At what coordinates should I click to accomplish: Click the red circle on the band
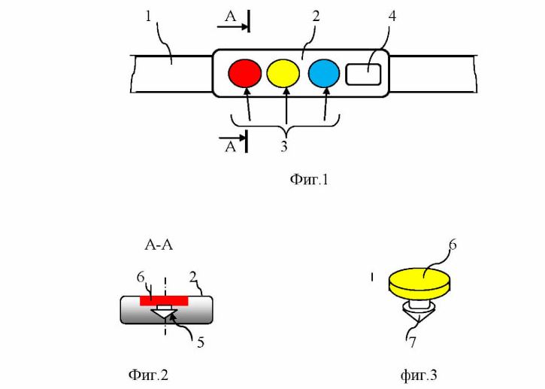point(245,73)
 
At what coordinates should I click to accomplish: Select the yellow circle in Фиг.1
point(283,73)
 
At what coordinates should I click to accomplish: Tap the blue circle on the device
point(324,73)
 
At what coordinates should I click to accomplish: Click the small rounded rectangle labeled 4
point(363,74)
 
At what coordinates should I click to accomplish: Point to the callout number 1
point(148,16)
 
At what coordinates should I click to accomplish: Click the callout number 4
point(392,16)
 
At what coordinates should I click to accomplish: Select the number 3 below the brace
point(284,147)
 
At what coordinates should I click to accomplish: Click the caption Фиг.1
point(309,180)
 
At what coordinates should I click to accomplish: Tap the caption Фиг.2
point(148,375)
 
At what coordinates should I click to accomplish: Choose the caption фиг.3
point(419,375)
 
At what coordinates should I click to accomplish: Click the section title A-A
point(159,245)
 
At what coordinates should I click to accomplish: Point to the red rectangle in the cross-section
point(164,301)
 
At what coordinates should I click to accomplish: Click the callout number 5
point(201,342)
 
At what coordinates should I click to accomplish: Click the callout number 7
point(412,342)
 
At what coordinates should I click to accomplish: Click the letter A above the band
point(230,16)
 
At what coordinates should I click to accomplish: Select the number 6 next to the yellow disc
point(453,245)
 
